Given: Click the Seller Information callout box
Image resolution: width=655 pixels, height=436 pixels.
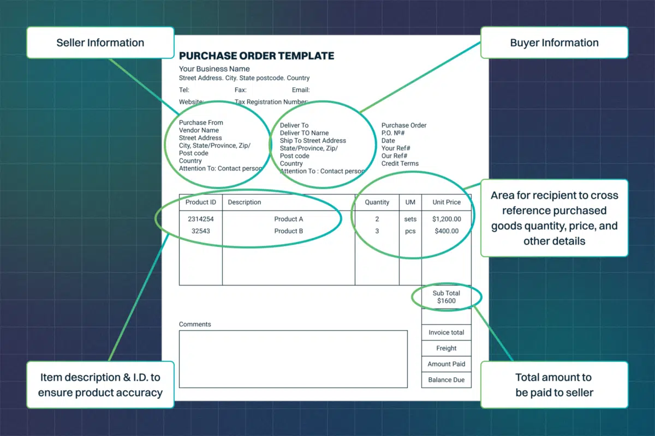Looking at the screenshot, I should [100, 43].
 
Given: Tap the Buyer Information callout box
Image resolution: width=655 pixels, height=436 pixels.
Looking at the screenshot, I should [554, 43].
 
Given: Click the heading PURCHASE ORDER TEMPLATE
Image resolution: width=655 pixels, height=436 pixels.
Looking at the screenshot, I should [257, 56].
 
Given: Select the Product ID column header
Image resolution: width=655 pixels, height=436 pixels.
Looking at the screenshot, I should [201, 202].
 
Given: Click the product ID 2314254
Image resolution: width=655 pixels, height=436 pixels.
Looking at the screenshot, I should [201, 219].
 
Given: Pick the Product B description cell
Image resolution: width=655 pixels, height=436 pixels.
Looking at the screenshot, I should [289, 231].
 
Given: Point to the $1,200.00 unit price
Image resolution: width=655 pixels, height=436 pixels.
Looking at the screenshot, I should [446, 219].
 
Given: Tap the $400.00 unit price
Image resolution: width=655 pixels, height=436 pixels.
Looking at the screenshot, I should [446, 231].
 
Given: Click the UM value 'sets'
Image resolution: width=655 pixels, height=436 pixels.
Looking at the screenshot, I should [410, 219].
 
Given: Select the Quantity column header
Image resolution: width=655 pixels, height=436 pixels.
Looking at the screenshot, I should [377, 202].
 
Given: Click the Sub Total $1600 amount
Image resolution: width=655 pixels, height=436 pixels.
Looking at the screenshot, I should [446, 301].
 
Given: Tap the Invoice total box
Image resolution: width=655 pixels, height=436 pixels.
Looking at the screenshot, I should [446, 332].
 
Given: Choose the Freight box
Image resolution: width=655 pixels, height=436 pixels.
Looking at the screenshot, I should [446, 348].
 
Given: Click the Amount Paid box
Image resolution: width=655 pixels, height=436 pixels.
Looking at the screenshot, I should [446, 364].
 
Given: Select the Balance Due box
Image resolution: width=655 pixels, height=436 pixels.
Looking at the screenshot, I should [446, 380].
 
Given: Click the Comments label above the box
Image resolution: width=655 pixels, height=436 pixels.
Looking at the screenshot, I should [195, 324].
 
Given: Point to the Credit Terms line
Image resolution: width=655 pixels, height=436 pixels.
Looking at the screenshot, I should [400, 163].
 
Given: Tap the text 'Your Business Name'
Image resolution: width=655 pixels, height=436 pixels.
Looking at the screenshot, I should [215, 69].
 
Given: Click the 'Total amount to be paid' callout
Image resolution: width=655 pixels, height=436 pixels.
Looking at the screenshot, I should [554, 384].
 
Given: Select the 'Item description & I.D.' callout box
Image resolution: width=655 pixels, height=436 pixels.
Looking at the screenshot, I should [100, 384].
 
